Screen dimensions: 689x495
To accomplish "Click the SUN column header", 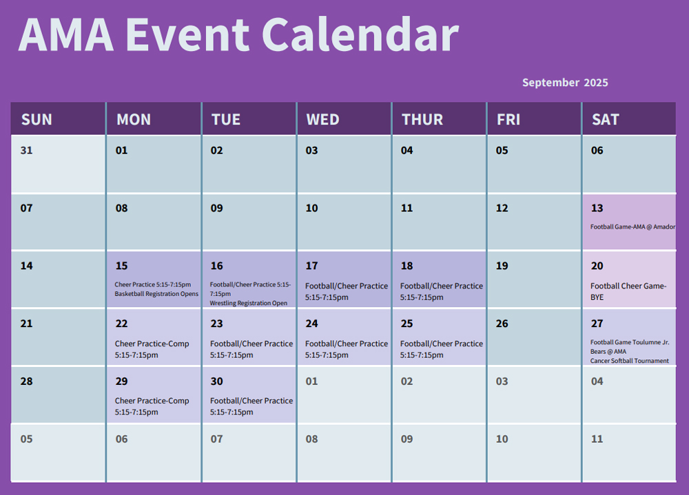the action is point(37,120).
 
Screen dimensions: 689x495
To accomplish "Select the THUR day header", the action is point(422,120).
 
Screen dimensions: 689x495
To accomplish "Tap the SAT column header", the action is point(606,120).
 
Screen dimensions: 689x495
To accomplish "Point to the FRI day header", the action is point(508,120).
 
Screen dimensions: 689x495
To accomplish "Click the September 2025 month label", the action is point(565,83).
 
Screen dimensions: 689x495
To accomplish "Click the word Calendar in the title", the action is point(360,34).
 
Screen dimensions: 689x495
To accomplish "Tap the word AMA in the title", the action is point(66,34).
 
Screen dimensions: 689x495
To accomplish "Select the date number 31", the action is point(26,150).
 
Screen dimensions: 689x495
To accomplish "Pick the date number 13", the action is point(597,208).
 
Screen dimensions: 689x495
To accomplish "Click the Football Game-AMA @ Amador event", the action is point(633,227).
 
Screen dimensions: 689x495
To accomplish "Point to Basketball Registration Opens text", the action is point(156,294).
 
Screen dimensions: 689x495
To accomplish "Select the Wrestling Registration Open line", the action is point(249,303).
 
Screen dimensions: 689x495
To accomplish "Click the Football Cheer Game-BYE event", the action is point(628,291).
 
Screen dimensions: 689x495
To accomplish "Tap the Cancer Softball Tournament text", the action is point(629,361).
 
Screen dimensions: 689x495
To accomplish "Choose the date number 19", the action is point(502,266).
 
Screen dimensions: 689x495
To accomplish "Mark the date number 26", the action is point(502,324).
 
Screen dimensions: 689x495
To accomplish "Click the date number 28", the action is point(26,381).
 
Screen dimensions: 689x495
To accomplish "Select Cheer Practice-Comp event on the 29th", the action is point(152,406).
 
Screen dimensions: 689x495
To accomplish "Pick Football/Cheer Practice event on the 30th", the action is point(251,406).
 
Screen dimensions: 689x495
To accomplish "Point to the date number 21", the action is point(26,324).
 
